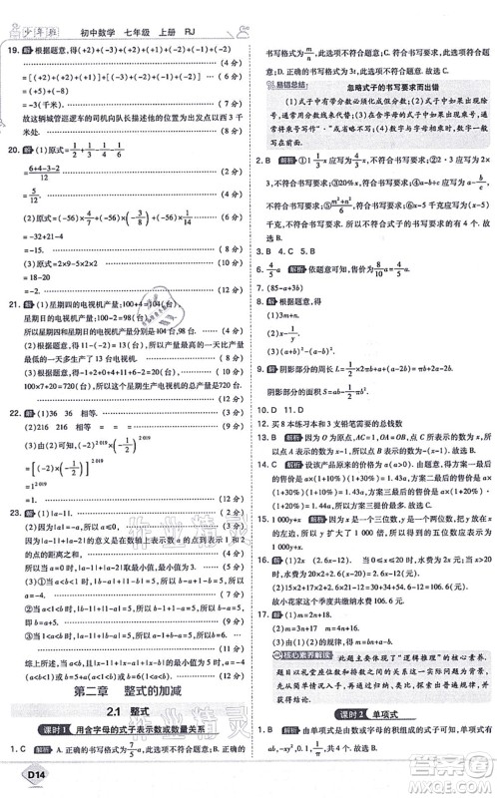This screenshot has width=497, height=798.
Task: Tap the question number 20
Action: point(13,149)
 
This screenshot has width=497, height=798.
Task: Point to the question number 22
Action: point(13,412)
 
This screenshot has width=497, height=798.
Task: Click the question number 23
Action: point(13,513)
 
